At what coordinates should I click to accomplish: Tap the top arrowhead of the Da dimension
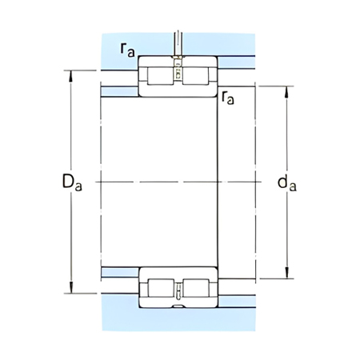pyautogui.click(x=72, y=76)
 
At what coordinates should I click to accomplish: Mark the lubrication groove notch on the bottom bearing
pyautogui.click(x=178, y=304)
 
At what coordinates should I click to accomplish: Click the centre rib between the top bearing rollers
pyautogui.click(x=178, y=76)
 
